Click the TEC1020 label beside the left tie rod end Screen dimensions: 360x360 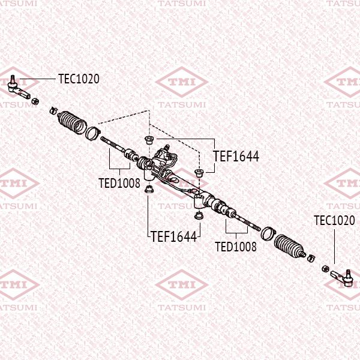pyautogui.click(x=79, y=79)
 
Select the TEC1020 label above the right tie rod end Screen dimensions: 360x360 pyautogui.click(x=334, y=220)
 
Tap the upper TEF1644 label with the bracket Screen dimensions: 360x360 pyautogui.click(x=236, y=157)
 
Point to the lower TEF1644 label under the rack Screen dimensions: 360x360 pyautogui.click(x=173, y=236)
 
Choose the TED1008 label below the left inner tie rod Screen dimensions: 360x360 pyautogui.click(x=119, y=182)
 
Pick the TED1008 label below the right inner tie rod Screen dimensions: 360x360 pyautogui.click(x=236, y=246)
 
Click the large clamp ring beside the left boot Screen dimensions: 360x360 pyautogui.click(x=93, y=133)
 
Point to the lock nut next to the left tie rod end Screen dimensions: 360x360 pyautogui.click(x=35, y=100)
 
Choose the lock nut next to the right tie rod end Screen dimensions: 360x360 pyautogui.click(x=325, y=267)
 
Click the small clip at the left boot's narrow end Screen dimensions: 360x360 pyautogui.click(x=53, y=110)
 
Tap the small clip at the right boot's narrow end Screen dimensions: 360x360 pyautogui.click(x=310, y=258)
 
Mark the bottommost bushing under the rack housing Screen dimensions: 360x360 pyautogui.click(x=197, y=215)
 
